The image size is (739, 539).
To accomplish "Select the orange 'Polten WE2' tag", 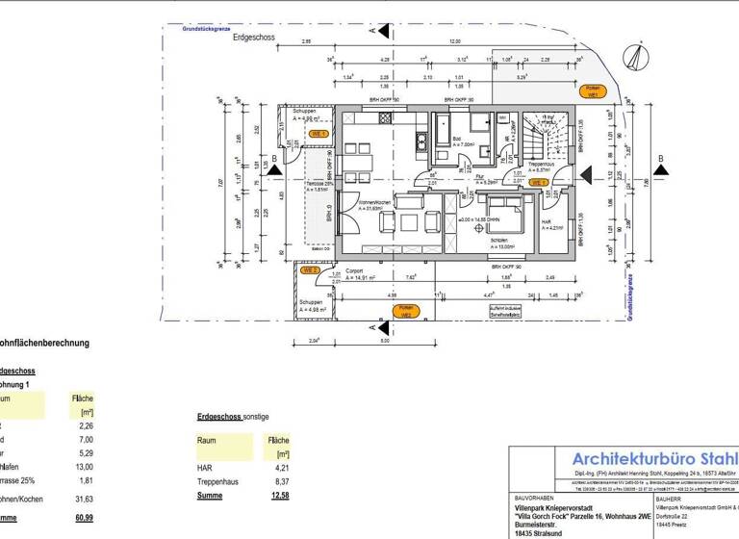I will click(x=405, y=311).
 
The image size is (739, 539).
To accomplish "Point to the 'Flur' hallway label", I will click(x=479, y=177).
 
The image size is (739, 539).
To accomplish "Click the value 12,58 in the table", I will click(x=280, y=496).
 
